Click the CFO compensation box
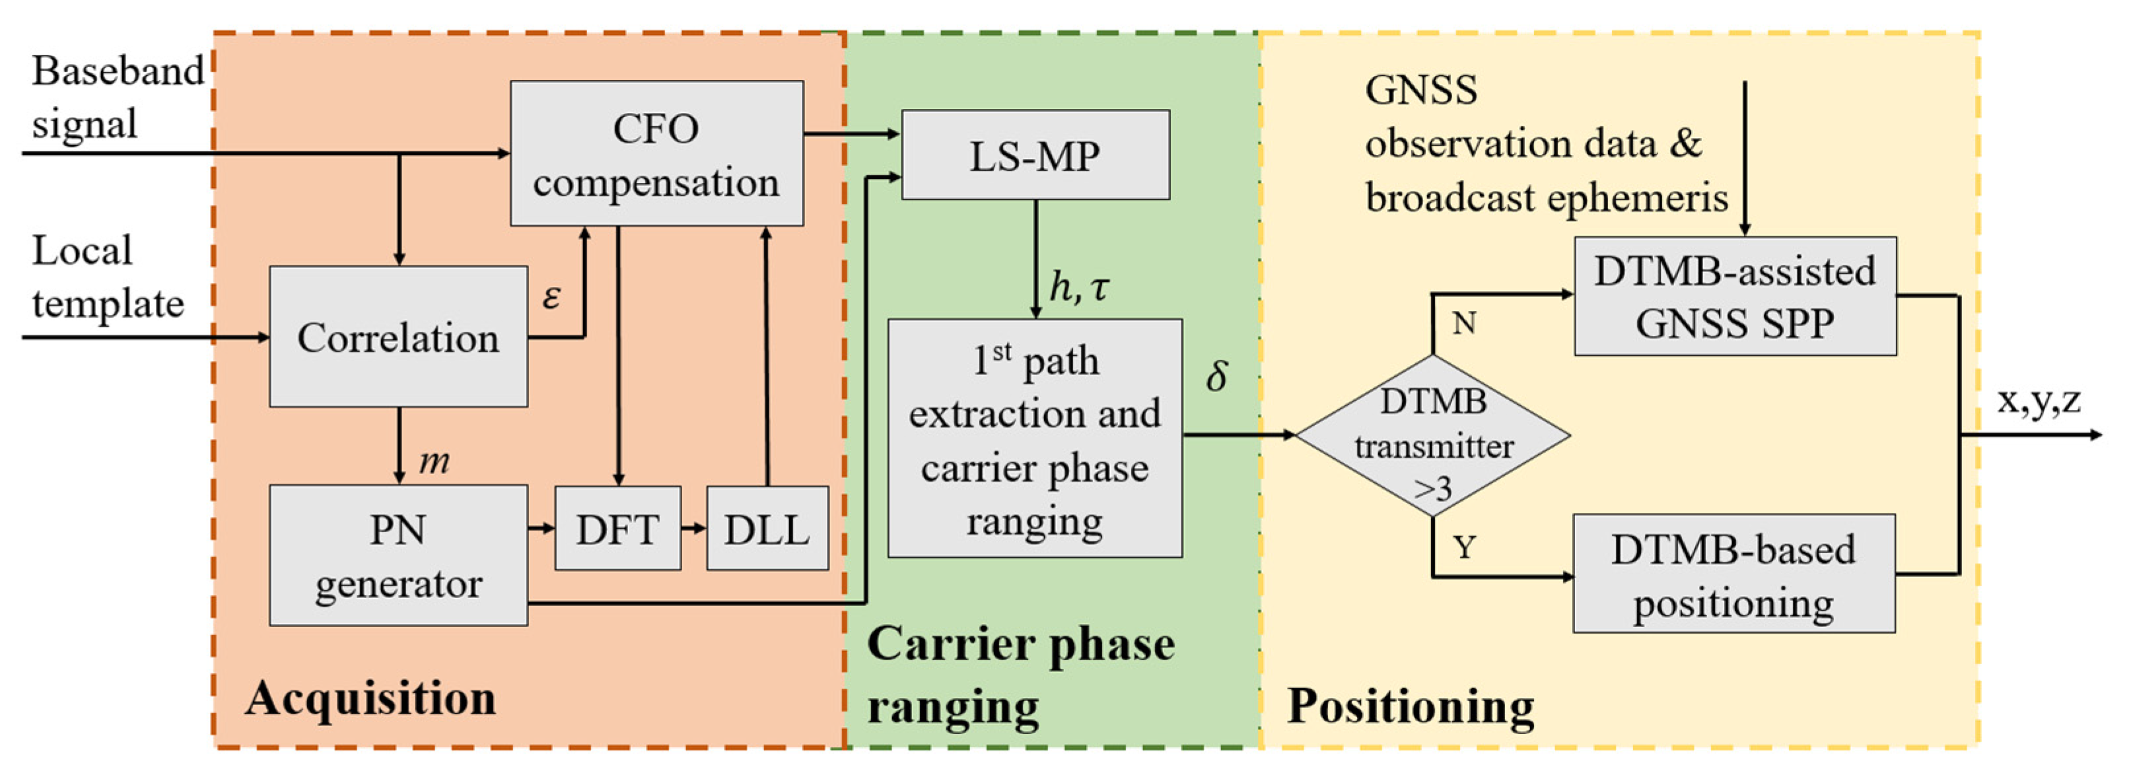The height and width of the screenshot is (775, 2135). (656, 153)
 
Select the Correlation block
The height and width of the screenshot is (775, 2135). (398, 337)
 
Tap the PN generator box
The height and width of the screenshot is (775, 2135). (398, 555)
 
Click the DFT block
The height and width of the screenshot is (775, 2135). (617, 528)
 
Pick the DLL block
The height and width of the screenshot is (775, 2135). (767, 528)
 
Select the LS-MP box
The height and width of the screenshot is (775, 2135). (1035, 155)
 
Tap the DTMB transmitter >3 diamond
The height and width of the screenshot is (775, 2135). (1433, 436)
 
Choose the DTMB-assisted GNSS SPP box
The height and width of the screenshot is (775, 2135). (1735, 296)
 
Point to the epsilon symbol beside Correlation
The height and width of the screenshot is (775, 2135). (551, 296)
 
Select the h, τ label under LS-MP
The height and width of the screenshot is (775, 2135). (1078, 286)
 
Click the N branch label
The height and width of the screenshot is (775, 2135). (1463, 322)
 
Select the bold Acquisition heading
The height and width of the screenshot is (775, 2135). (370, 698)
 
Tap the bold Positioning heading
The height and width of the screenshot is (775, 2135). (1410, 706)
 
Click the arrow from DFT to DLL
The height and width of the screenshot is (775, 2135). (693, 528)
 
